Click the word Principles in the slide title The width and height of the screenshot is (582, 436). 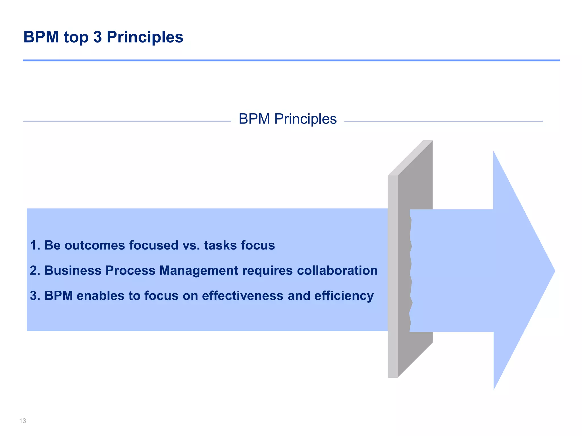click(145, 37)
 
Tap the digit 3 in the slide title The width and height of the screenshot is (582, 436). click(97, 37)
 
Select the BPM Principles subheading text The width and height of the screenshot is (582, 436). click(288, 119)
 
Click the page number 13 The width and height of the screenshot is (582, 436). click(23, 421)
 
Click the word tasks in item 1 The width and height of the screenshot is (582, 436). click(220, 245)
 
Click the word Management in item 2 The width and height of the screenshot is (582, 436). click(199, 271)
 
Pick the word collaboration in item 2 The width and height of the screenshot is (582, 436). click(337, 271)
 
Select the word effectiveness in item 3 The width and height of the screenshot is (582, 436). click(243, 296)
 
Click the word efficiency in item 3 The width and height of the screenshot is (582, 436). click(344, 296)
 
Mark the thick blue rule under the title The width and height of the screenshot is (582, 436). click(291, 60)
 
